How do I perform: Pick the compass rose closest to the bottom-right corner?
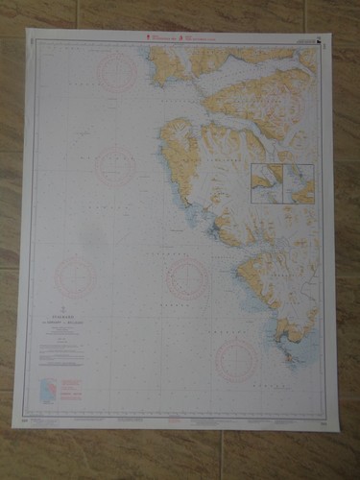pos(236,359)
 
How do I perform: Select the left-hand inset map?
pos(265,183)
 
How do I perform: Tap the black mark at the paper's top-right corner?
pos(328,39)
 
